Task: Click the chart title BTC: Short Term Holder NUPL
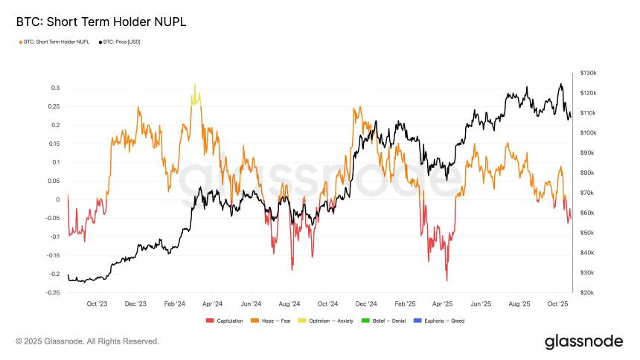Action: click(100, 22)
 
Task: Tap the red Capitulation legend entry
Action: click(228, 321)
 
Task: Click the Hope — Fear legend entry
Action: click(275, 321)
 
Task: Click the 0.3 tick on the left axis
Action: click(55, 88)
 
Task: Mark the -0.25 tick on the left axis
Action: click(51, 292)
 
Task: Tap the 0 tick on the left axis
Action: click(57, 199)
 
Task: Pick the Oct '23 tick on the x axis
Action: click(97, 303)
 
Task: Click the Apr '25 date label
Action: click(443, 303)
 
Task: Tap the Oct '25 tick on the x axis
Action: click(558, 303)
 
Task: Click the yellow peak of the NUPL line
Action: click(195, 86)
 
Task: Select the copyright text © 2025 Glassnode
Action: click(88, 341)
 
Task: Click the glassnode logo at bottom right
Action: click(583, 341)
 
